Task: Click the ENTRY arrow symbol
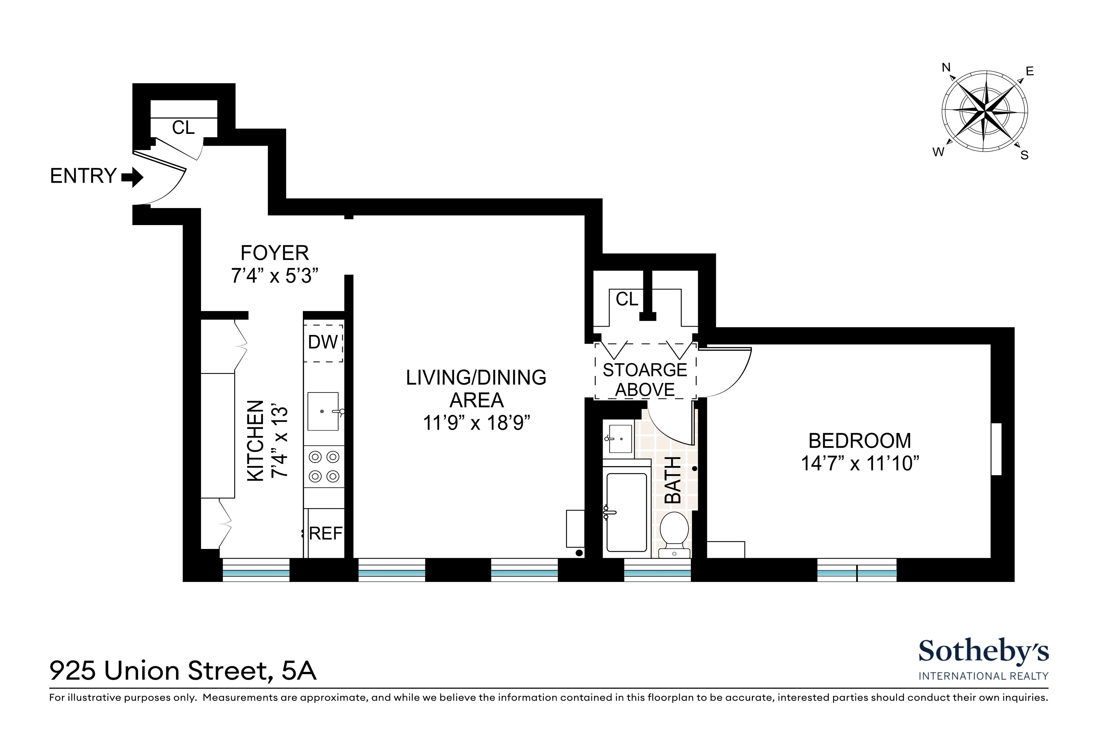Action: coord(133,178)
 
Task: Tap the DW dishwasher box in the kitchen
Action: coord(323,343)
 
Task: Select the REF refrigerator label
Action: coord(326,533)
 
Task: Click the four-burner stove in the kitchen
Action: coord(324,466)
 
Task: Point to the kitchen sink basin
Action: coord(323,411)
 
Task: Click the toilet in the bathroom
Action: coord(674,533)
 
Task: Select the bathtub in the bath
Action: coord(626,512)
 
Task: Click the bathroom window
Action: coord(657,570)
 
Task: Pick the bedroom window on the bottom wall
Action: coord(857,570)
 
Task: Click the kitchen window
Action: coord(256,570)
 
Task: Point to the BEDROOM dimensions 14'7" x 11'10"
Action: coord(860,464)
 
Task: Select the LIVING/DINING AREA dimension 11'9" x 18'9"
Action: coord(477,423)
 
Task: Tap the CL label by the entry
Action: coord(183,127)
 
